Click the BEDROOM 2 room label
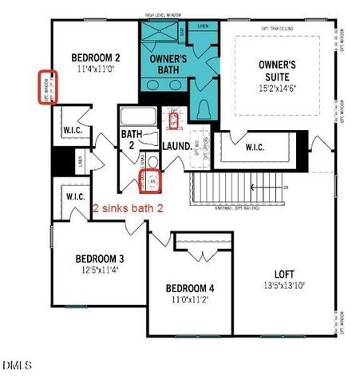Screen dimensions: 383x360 [x=95, y=57]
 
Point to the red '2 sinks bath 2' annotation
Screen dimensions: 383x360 [x=128, y=207]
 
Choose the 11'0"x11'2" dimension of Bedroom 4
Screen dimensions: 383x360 [x=189, y=300]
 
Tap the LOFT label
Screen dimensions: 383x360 [x=285, y=273]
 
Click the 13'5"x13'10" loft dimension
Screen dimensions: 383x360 [x=285, y=285]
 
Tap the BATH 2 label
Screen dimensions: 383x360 [x=132, y=140]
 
